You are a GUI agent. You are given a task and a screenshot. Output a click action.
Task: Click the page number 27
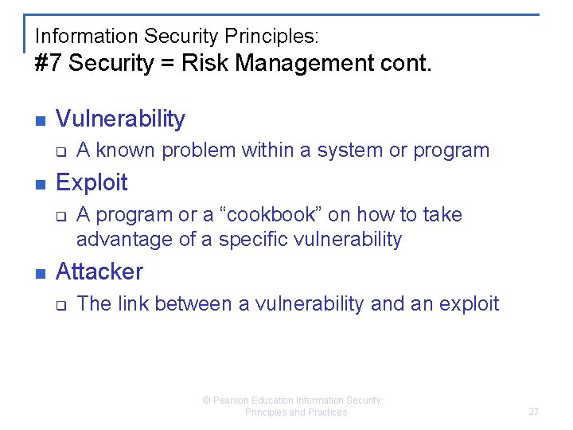[x=533, y=412]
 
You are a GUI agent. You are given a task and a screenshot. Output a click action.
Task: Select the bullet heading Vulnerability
[x=120, y=119]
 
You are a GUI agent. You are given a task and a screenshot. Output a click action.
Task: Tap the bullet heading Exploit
[x=92, y=182]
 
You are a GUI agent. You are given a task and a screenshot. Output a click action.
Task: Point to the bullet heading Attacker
[x=99, y=272]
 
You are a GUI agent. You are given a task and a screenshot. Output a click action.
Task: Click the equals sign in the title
[x=167, y=64]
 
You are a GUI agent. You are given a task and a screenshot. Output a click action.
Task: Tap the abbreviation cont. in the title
[x=404, y=64]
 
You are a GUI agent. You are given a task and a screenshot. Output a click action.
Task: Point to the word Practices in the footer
[x=327, y=412]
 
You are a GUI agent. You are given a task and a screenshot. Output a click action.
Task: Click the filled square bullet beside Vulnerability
[x=40, y=121]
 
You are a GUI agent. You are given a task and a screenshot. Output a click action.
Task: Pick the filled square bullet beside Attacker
[x=40, y=273]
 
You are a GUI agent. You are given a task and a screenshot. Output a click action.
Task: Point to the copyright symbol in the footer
[x=206, y=401]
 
